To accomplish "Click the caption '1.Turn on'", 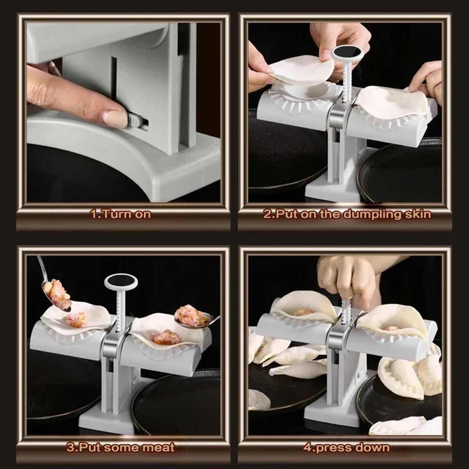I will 120,214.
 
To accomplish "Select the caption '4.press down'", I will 346,447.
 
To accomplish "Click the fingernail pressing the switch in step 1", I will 115,118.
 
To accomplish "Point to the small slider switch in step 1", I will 135,121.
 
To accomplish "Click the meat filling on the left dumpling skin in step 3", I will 76,319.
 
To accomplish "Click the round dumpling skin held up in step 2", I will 301,70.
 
